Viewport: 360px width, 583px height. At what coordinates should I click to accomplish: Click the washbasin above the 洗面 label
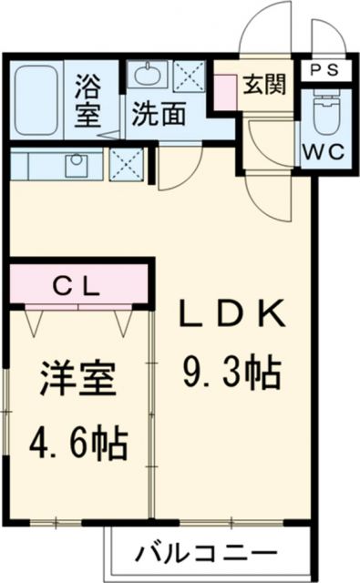click(146, 77)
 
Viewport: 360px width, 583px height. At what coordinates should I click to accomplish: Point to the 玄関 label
click(265, 84)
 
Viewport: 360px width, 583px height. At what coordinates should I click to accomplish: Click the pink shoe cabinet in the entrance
click(224, 91)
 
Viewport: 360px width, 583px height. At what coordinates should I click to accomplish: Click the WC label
click(323, 152)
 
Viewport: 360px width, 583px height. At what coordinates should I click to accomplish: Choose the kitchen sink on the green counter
click(74, 165)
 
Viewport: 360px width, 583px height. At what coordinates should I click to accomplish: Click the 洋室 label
click(77, 380)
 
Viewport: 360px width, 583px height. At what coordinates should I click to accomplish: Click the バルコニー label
click(207, 553)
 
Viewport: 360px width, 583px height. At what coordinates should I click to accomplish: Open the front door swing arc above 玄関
click(262, 32)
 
